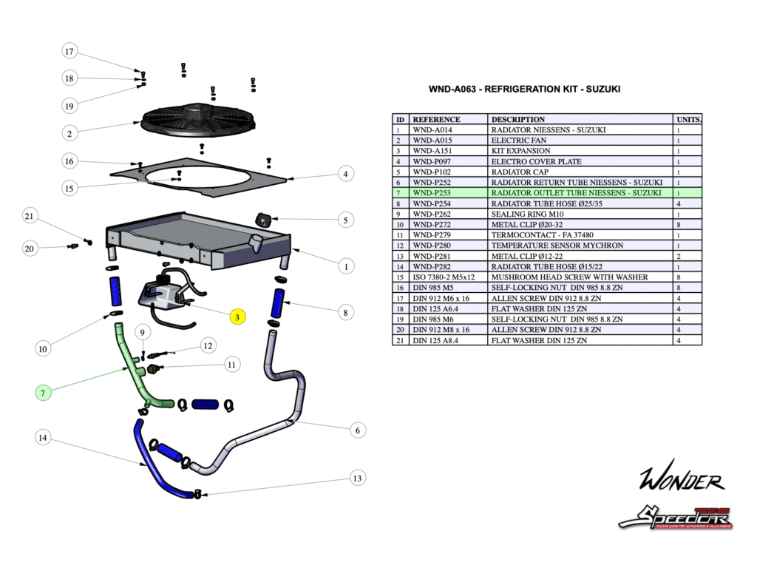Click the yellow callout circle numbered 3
point(237,317)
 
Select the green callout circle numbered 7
point(44,393)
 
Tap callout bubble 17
point(69,52)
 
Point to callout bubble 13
point(358,479)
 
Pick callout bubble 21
point(30,216)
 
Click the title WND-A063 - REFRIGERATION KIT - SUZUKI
point(525,89)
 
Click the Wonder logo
point(681,480)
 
